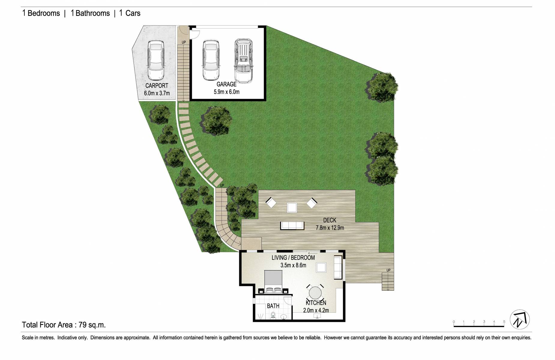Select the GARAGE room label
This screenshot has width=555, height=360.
point(226,85)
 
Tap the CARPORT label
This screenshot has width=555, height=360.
point(157,86)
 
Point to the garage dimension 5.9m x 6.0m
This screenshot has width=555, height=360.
point(226,92)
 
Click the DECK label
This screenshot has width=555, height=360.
point(329,220)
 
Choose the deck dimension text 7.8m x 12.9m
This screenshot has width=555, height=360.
point(330,228)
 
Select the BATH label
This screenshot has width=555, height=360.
point(273,306)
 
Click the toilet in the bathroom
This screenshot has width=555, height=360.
point(273,315)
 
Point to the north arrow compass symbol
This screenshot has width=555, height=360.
point(520,319)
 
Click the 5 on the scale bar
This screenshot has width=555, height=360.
point(504,322)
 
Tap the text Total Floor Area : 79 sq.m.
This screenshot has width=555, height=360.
point(64,325)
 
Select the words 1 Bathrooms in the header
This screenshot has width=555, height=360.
point(90,13)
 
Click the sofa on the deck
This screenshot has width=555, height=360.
point(292,225)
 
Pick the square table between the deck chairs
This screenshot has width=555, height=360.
point(292,207)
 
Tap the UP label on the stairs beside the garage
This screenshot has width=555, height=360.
point(184,42)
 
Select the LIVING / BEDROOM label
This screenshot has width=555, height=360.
point(293,258)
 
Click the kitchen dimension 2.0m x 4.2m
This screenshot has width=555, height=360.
point(316,310)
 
